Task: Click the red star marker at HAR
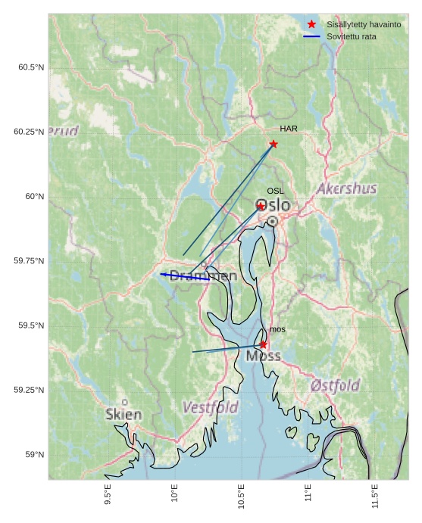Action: (274, 144)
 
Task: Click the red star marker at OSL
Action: (261, 206)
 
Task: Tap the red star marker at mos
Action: (263, 344)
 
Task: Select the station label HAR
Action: (288, 129)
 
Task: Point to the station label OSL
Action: (275, 191)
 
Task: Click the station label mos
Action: (277, 329)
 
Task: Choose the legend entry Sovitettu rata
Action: (351, 36)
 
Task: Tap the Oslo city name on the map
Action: (273, 205)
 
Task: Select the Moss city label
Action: (263, 356)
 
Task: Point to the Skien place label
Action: (123, 415)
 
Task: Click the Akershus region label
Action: (346, 188)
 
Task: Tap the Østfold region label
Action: (335, 385)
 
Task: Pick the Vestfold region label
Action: (210, 407)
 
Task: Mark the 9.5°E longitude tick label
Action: (108, 495)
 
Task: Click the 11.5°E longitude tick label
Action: (375, 495)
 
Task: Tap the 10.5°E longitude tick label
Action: (241, 495)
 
